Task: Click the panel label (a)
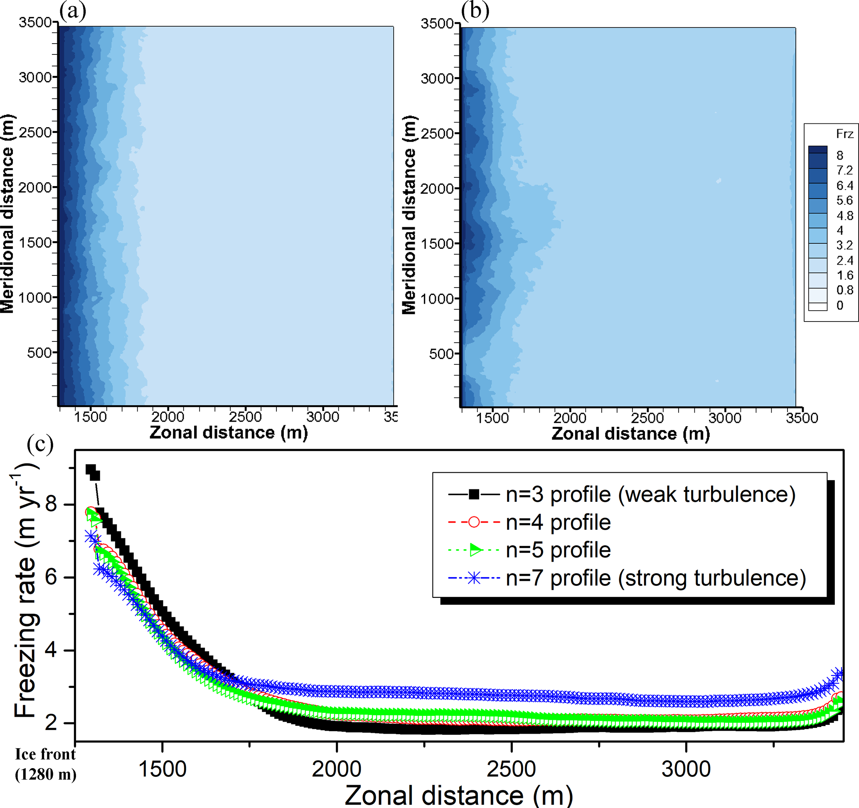click(73, 11)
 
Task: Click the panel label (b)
click(475, 11)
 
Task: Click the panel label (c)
click(40, 444)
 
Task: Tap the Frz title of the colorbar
click(844, 134)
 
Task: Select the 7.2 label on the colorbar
click(844, 170)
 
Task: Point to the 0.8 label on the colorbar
click(844, 290)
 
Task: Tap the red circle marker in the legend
click(474, 522)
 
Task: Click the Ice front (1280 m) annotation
click(45, 764)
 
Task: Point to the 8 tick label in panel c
click(51, 503)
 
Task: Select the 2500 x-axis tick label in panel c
click(511, 769)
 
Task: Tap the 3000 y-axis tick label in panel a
click(35, 77)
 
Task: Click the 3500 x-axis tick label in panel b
click(802, 418)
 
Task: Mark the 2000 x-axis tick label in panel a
click(167, 417)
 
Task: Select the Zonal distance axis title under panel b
click(630, 434)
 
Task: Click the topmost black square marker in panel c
click(90, 469)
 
